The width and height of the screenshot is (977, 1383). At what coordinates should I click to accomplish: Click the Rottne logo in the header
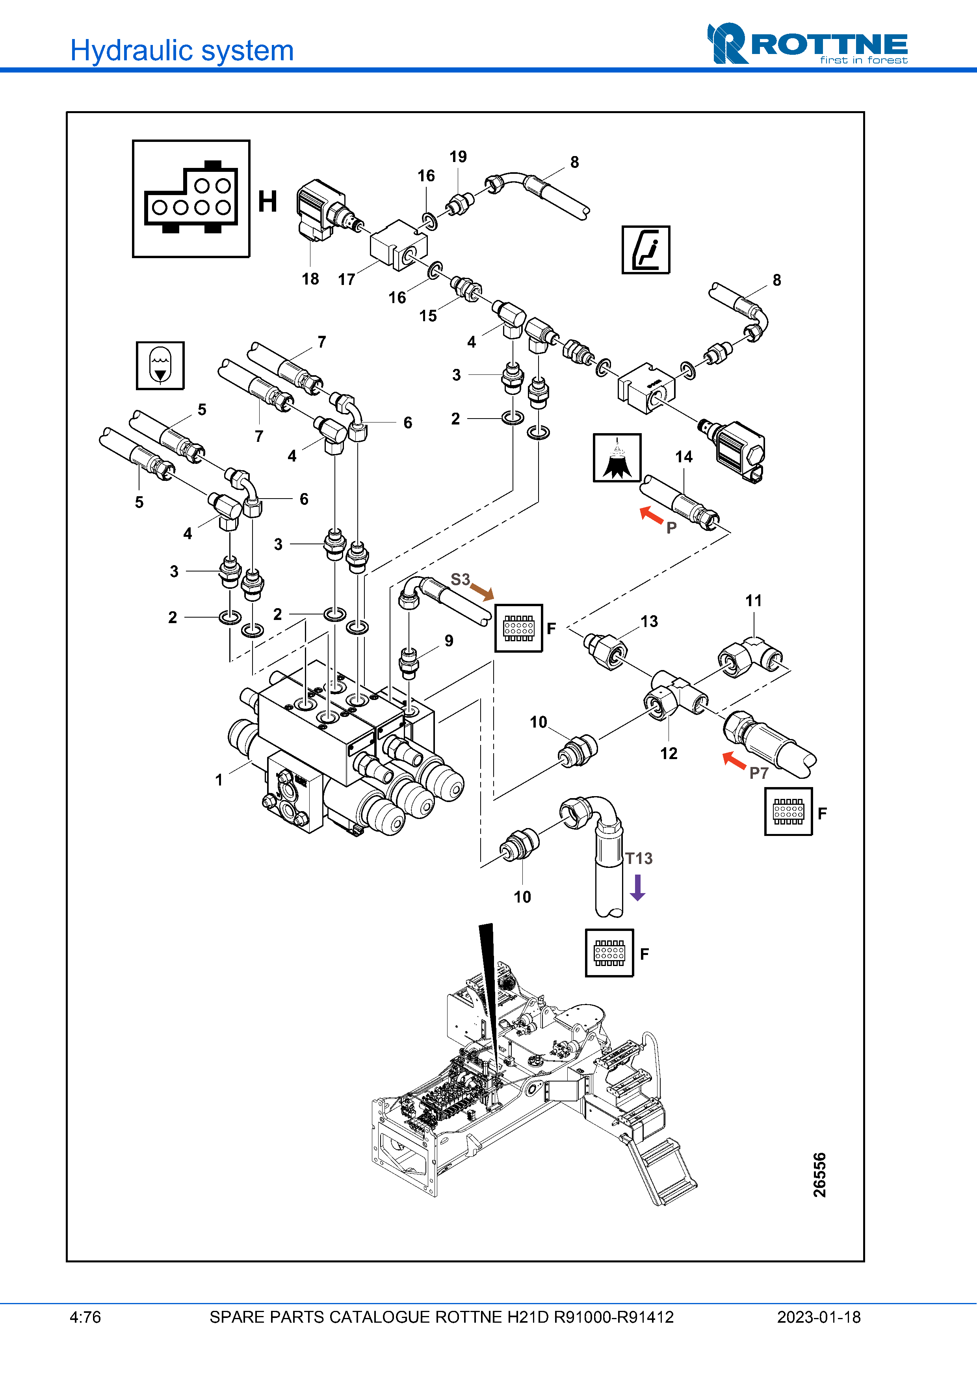click(x=807, y=43)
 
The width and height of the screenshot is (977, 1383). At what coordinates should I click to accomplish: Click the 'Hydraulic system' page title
click(x=182, y=50)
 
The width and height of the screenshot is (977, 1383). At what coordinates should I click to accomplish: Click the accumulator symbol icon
click(x=160, y=366)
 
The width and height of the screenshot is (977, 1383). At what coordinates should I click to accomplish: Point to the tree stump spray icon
click(x=617, y=458)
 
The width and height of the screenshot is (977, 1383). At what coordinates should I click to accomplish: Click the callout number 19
click(x=458, y=156)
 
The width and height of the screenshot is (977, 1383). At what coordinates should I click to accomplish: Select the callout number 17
click(x=346, y=279)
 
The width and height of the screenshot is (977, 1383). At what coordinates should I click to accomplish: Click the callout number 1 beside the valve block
click(x=219, y=780)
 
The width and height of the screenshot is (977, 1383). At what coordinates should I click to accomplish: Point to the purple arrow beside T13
click(x=637, y=887)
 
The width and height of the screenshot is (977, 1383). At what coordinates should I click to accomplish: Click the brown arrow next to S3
click(x=482, y=592)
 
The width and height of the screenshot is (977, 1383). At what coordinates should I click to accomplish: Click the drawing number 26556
click(x=819, y=1175)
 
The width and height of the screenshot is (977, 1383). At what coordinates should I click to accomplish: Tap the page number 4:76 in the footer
click(x=85, y=1317)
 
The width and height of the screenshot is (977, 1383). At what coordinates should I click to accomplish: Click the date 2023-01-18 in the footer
click(x=819, y=1317)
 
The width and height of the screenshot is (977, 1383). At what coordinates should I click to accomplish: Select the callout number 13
click(x=649, y=621)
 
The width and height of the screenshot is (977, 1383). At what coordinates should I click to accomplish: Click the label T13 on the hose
click(x=639, y=858)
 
